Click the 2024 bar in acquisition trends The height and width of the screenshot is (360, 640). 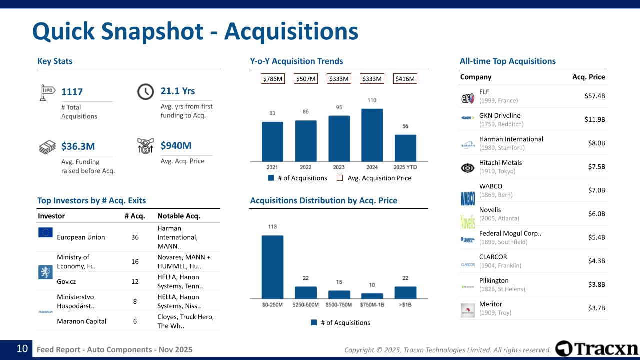tap(372, 135)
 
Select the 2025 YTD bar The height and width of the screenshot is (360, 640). tap(405, 148)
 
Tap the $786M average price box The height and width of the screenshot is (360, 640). tap(273, 79)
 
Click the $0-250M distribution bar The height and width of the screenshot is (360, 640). tap(272, 267)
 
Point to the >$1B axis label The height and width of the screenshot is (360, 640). tap(405, 304)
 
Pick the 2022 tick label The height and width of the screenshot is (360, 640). tap(305, 167)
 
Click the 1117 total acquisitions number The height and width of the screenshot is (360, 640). tap(72, 92)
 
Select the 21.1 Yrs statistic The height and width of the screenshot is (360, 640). tap(178, 91)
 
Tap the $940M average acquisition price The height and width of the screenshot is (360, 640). tap(176, 145)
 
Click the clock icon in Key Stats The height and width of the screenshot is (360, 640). tap(145, 92)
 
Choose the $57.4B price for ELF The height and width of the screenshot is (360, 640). tap(594, 96)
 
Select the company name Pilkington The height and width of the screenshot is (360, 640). tap(493, 280)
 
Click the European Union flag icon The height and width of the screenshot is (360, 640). tap(45, 232)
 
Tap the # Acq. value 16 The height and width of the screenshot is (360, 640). tap(135, 261)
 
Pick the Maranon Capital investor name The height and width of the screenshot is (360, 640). tap(81, 321)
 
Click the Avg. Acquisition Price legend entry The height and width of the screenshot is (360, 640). tap(379, 178)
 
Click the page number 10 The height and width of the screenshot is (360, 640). tap(22, 349)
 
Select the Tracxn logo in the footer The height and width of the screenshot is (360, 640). tap(597, 349)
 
